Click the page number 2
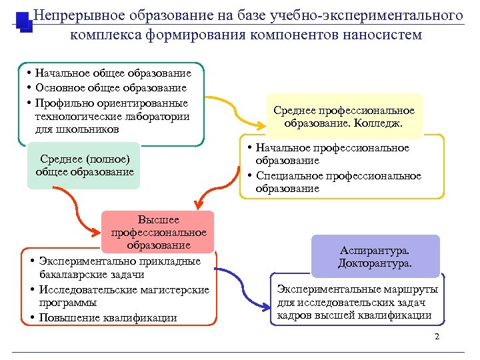tap(437, 336)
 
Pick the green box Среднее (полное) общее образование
tap(85, 165)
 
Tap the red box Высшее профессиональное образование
tap(159, 232)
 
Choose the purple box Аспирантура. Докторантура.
tap(376, 257)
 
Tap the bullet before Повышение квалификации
tap(33, 317)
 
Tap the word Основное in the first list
tap(61, 87)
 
